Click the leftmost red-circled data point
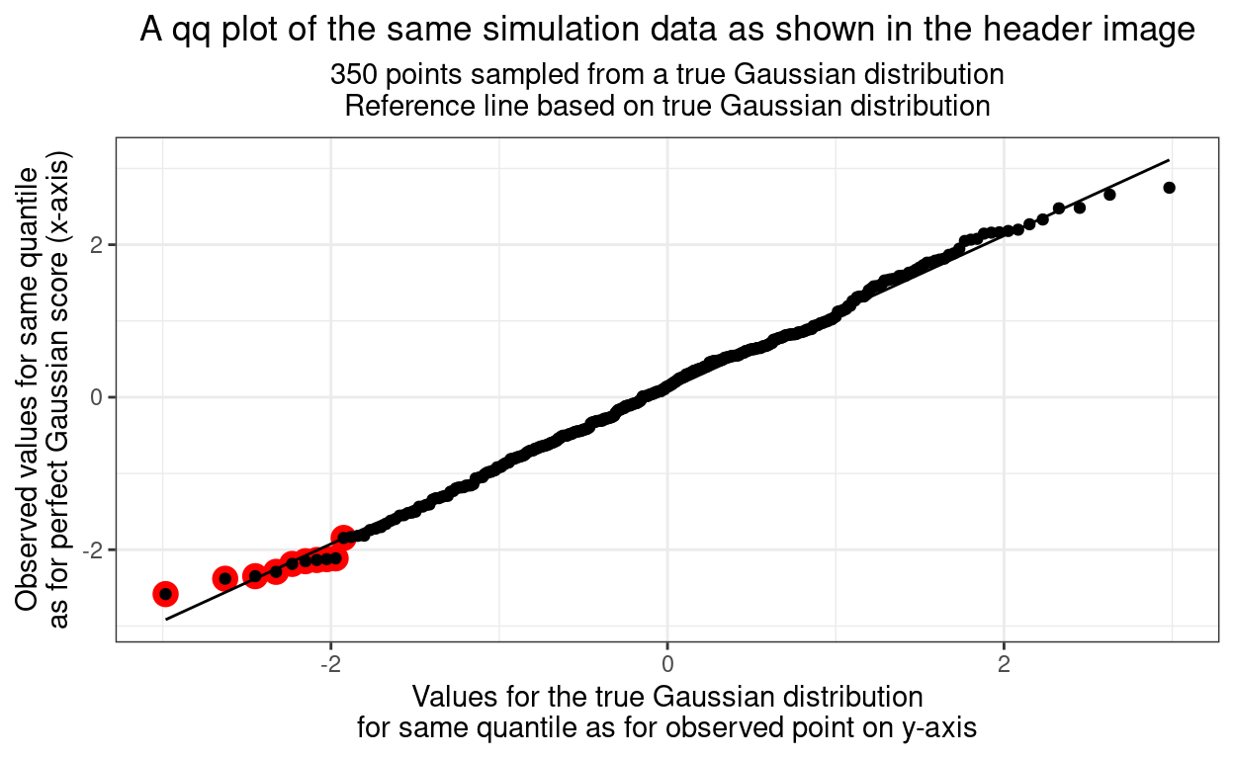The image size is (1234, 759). [x=165, y=594]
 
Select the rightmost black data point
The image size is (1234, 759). [x=1169, y=188]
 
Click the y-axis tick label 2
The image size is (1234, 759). [x=98, y=245]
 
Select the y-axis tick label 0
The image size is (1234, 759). [x=98, y=397]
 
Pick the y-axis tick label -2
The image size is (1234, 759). [x=95, y=549]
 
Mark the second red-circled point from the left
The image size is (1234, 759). [x=224, y=578]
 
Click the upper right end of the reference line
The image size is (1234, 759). [x=1169, y=160]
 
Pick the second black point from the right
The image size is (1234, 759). [x=1109, y=195]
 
